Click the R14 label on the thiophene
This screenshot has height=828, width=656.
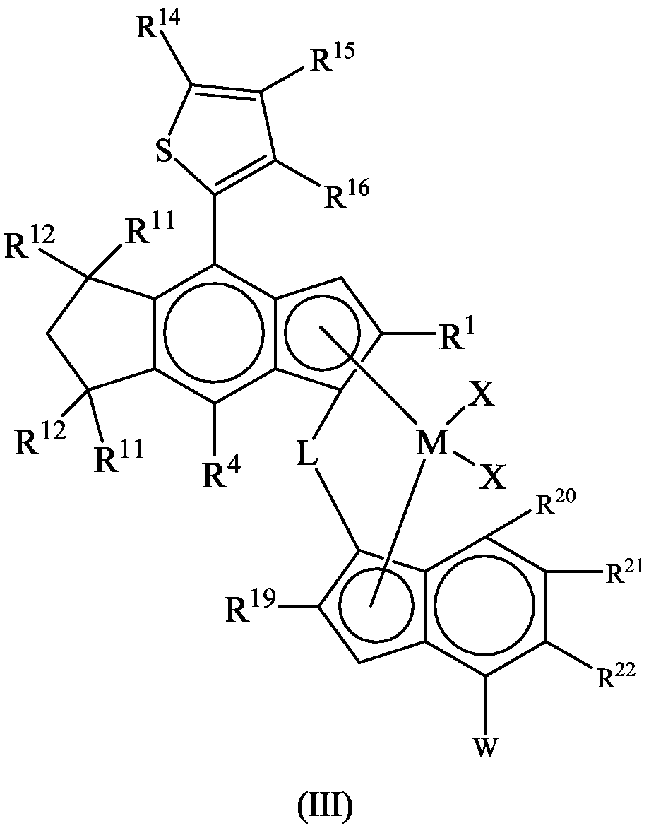tap(157, 25)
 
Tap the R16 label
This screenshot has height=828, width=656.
tap(346, 193)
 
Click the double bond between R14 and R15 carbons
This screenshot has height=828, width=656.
tap(227, 88)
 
